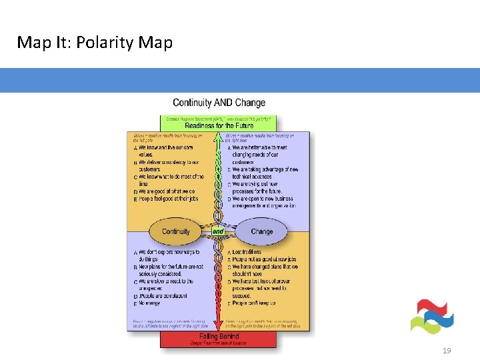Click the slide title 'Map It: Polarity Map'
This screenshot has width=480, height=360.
(95, 43)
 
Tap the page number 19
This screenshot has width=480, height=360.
(447, 351)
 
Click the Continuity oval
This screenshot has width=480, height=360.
(176, 231)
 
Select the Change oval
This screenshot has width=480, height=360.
(261, 231)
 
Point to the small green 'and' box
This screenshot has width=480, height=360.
(219, 231)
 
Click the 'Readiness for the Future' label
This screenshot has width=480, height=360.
(219, 125)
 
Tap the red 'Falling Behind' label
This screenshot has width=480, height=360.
(218, 337)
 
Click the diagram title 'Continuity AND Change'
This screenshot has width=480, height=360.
(219, 103)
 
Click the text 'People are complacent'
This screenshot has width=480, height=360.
(167, 295)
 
